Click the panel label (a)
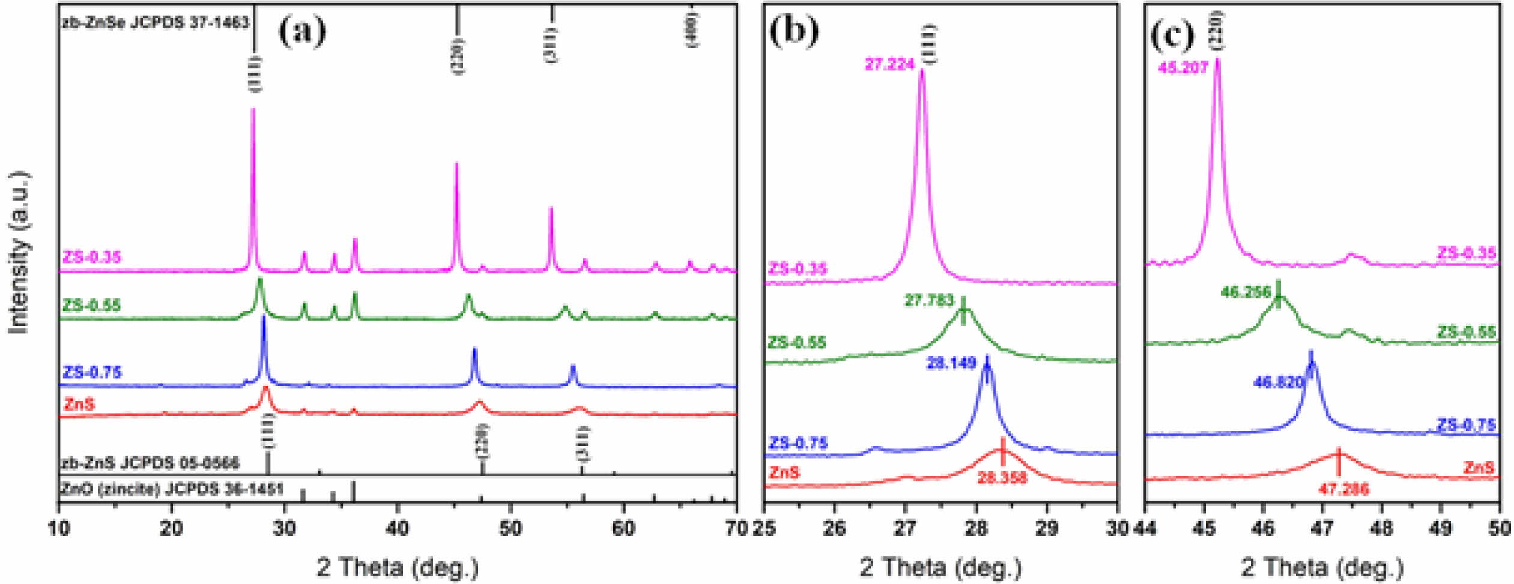(302, 31)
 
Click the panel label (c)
(1171, 35)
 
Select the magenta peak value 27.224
(889, 64)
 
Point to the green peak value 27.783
(928, 300)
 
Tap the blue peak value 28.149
(951, 363)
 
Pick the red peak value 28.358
(1002, 478)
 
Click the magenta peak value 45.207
(1182, 68)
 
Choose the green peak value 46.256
(1246, 292)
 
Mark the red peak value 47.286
(1343, 489)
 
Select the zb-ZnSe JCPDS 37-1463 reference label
(155, 23)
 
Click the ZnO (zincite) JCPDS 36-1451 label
(171, 489)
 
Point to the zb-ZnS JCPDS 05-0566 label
(150, 463)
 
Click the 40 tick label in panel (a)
(397, 528)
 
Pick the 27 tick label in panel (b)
(905, 528)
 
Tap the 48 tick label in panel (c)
(1381, 528)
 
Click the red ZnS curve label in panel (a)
(79, 404)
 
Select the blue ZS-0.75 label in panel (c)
(1465, 426)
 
